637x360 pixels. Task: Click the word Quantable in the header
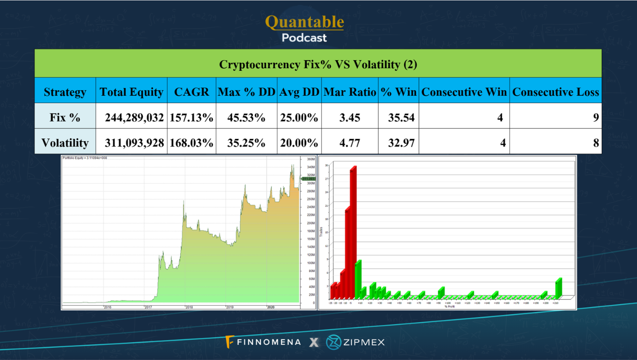pos(304,21)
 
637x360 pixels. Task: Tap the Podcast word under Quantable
pos(304,38)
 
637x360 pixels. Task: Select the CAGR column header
pos(191,92)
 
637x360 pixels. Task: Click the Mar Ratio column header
pos(350,92)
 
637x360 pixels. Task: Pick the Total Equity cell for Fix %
pos(134,118)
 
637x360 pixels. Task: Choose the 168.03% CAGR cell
pos(191,143)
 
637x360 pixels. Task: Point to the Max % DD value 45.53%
pos(246,118)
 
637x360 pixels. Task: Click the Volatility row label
pos(65,143)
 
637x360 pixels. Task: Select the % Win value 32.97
pos(398,143)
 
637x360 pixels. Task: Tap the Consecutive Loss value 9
pos(596,118)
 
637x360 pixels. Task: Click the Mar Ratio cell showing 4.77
pos(350,143)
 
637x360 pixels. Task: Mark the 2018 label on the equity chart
pos(189,307)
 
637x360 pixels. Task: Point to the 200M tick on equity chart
pos(310,223)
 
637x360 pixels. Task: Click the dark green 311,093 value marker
pos(308,179)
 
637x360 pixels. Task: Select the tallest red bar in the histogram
pos(353,231)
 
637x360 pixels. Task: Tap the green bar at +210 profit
pos(559,288)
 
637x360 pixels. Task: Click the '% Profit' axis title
pos(450,307)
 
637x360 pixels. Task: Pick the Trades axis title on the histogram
pos(321,231)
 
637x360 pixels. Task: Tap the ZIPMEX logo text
pos(363,342)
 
